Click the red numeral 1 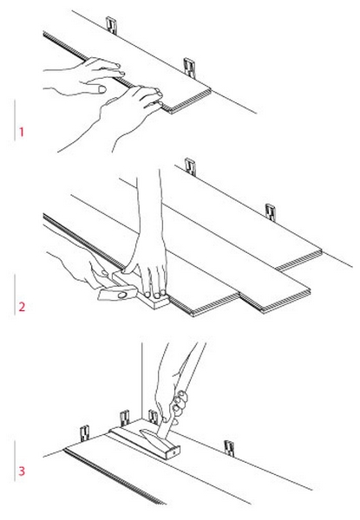22,132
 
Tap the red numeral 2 22,307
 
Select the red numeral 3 22,471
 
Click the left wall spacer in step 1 112,25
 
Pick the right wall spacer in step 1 189,68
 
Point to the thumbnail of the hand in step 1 102,89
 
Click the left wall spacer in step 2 190,166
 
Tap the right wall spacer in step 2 271,212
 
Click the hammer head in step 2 118,294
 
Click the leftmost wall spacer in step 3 85,433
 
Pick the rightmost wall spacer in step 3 229,448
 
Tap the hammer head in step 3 152,436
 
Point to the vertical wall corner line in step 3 142,381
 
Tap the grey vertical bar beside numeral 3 15,461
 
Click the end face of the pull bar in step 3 173,452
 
